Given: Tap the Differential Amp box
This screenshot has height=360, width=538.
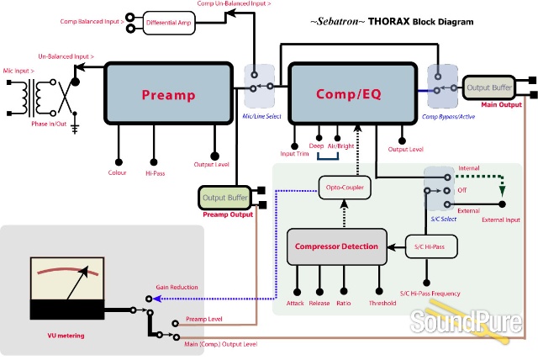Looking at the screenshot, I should click(x=169, y=23).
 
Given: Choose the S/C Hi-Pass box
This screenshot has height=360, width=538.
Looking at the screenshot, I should click(x=429, y=246).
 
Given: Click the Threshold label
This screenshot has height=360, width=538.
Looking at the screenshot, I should click(x=383, y=303).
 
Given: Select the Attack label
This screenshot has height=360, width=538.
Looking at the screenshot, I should click(x=295, y=303).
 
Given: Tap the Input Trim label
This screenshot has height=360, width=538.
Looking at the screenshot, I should click(x=294, y=154).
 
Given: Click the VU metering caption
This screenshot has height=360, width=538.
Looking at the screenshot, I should click(x=71, y=336).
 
